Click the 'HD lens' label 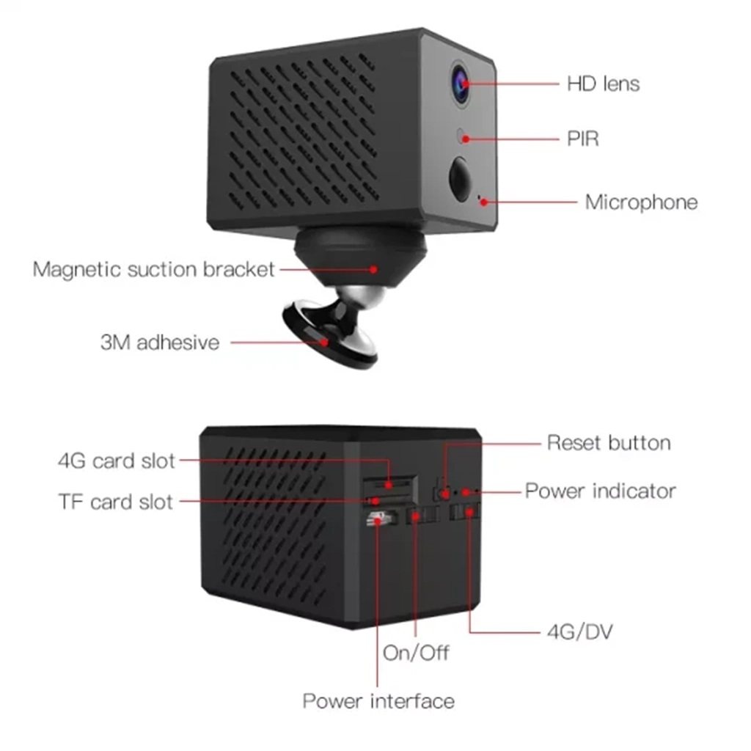603,84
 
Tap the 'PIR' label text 583,139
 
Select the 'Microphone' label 641,202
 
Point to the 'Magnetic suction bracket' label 154,270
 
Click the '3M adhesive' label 160,342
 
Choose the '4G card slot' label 117,461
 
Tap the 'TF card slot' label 115,502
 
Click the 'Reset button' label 609,443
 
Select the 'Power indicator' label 600,491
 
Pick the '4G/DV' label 580,632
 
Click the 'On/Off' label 416,653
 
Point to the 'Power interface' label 378,701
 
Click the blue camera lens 460,84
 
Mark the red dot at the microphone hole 484,202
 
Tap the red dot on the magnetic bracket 373,270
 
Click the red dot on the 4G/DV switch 469,513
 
